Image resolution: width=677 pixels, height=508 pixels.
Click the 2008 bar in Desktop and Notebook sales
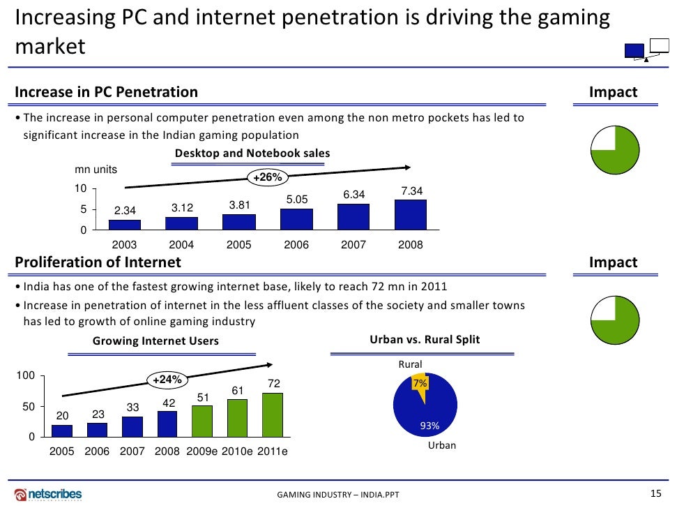(x=410, y=215)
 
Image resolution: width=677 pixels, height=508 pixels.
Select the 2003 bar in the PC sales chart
(x=124, y=224)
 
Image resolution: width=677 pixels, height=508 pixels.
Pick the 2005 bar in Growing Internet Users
(x=62, y=430)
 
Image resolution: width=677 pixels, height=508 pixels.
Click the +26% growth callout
(x=267, y=178)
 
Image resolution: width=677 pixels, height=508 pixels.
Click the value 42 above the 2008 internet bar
(x=168, y=403)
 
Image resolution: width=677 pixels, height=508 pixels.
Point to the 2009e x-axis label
(x=202, y=451)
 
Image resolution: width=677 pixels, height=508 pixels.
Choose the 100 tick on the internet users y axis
(x=26, y=376)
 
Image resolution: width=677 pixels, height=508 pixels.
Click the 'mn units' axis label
(x=96, y=170)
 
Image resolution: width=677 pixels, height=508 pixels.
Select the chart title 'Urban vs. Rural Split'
(x=424, y=340)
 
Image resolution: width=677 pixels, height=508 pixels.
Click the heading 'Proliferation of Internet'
(x=98, y=262)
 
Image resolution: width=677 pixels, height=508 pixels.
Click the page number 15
(x=655, y=493)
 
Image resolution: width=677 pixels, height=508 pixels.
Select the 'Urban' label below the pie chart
(x=441, y=444)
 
